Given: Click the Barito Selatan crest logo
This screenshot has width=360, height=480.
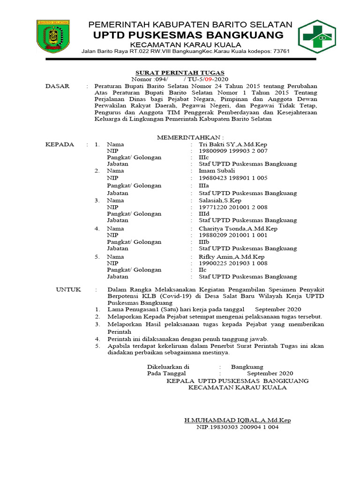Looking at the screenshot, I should (53, 36).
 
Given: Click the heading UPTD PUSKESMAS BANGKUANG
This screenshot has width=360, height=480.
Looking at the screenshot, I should (188, 35).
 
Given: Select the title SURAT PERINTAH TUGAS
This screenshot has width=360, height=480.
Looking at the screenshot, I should (180, 73).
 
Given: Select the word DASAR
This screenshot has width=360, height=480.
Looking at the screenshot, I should (57, 86).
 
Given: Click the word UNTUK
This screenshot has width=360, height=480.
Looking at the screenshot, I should (68, 290).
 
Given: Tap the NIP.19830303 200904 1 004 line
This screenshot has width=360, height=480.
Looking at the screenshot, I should (237, 427).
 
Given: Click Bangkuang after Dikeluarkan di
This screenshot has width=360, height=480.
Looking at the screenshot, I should (247, 367).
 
